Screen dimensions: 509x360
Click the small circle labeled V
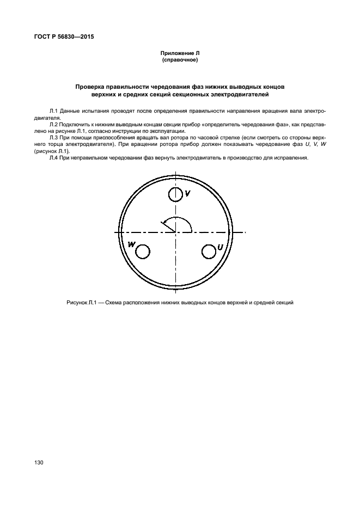point(175,194)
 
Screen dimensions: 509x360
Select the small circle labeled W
point(142,251)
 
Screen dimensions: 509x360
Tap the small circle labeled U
point(209,251)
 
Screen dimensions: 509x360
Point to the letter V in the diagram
point(187,193)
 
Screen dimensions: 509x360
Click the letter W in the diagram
point(131,245)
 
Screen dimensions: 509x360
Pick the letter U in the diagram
point(220,248)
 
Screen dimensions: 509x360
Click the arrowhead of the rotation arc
point(162,222)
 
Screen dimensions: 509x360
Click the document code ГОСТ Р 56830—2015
point(60,38)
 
